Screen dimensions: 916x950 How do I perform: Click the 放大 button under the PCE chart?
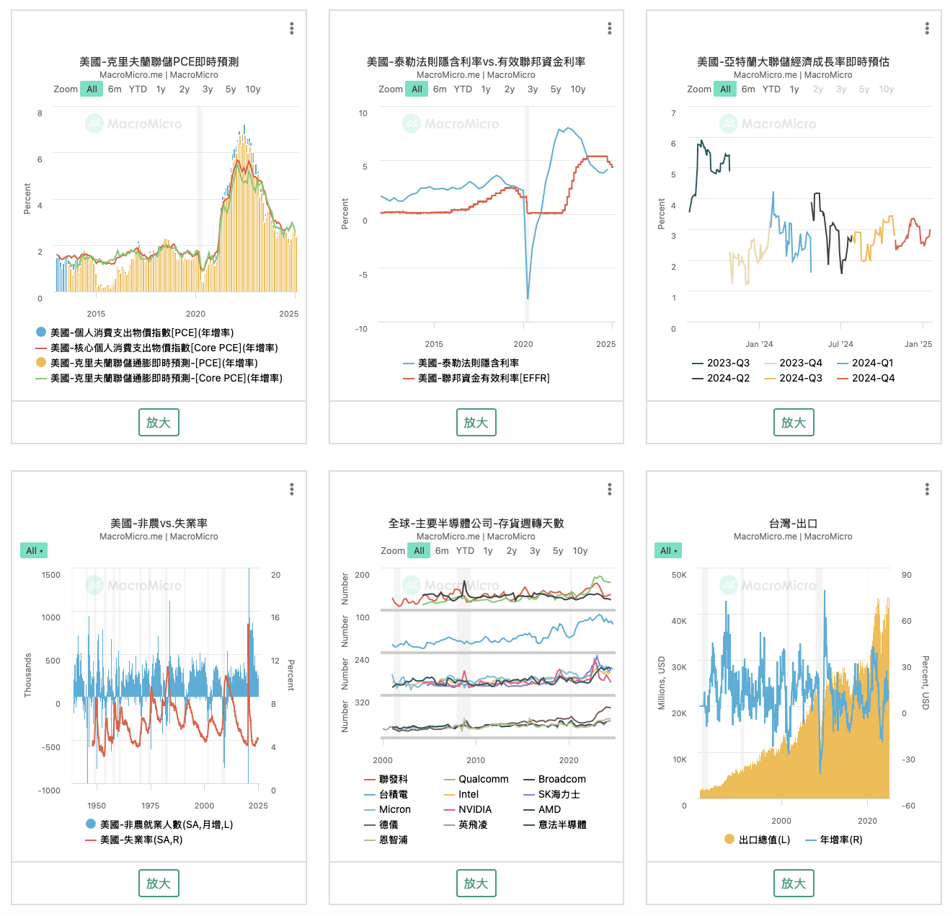coord(159,423)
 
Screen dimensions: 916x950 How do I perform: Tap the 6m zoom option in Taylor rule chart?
coord(440,89)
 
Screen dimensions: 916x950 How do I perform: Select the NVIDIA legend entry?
coord(475,809)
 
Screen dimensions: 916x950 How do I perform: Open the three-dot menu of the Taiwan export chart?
coord(927,490)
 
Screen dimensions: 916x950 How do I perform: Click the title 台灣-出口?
coord(793,524)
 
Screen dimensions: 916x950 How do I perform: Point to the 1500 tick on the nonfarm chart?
coord(51,575)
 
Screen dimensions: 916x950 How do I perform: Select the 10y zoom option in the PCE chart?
coord(253,89)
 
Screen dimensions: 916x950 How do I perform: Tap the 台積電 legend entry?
coord(393,794)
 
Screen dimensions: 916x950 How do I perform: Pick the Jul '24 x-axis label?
coord(840,344)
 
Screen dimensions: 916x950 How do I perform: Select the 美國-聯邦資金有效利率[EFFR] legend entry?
coord(483,378)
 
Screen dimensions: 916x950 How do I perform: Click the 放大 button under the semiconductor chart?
coord(476,884)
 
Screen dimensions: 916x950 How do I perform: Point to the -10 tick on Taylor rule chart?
coord(361,329)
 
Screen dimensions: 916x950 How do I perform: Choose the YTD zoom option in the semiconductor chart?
coord(466,551)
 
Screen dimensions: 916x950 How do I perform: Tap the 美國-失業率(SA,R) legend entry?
coord(141,840)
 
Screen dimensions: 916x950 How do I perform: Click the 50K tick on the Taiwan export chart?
coord(679,575)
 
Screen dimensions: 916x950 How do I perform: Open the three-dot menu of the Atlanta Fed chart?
coord(927,28)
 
